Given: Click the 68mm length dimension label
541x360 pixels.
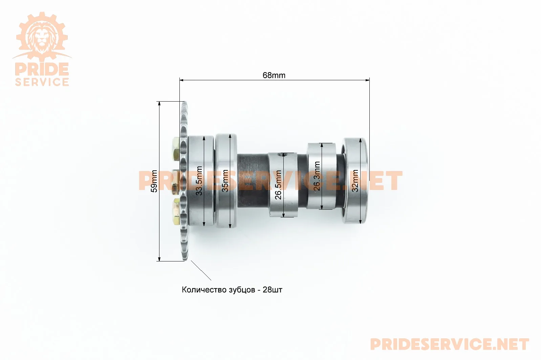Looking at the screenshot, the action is pyautogui.click(x=274, y=76).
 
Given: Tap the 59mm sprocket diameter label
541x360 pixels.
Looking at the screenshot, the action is pyautogui.click(x=154, y=181).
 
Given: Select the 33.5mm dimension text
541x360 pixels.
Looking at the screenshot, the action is pyautogui.click(x=199, y=181).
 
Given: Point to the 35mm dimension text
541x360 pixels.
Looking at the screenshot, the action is pyautogui.click(x=225, y=181).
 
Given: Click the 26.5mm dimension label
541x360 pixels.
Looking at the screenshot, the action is pyautogui.click(x=278, y=185).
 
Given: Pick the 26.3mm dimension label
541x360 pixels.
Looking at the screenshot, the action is pyautogui.click(x=317, y=176).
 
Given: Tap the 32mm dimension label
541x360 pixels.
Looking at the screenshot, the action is pyautogui.click(x=355, y=181).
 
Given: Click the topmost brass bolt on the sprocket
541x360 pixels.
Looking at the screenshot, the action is pyautogui.click(x=176, y=147).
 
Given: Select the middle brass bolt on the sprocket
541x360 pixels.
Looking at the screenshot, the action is pyautogui.click(x=176, y=182).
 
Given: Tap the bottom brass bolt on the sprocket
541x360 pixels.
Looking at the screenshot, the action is pyautogui.click(x=176, y=212).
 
